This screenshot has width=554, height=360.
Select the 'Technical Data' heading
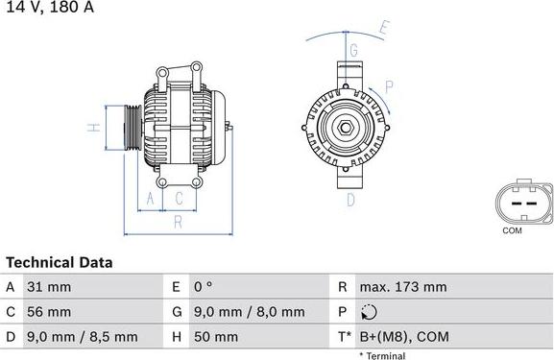60,262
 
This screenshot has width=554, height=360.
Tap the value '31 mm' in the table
49,287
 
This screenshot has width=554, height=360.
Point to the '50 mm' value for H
217,337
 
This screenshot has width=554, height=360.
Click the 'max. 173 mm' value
402,287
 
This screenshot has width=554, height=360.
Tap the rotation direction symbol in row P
371,312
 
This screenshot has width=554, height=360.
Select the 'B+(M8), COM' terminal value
404,337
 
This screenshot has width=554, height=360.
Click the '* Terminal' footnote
382,355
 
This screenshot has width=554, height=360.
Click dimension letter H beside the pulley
90,127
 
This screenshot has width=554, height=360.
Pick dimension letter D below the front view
350,200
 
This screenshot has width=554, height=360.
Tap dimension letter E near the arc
383,28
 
